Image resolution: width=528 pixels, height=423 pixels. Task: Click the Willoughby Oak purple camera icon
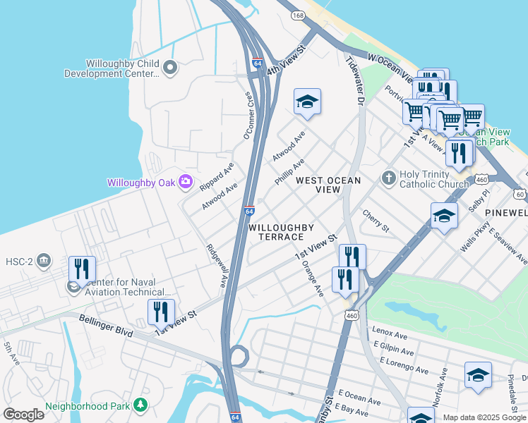[x=186, y=182]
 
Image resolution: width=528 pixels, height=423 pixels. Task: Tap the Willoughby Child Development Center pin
[x=169, y=68]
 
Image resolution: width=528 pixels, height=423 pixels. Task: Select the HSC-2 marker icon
[x=44, y=261]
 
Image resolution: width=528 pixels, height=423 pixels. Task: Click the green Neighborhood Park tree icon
[x=142, y=405]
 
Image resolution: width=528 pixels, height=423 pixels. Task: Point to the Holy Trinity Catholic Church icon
[x=388, y=178]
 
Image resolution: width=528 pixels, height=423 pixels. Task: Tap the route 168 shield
[x=300, y=15]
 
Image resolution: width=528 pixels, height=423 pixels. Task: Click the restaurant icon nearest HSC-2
[x=82, y=269]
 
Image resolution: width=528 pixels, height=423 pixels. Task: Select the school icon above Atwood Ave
[x=307, y=103]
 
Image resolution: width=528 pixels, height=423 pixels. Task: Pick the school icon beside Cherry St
[x=444, y=216]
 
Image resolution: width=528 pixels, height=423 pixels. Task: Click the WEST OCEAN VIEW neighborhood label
[x=328, y=185]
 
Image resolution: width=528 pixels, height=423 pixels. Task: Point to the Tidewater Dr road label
[x=354, y=82]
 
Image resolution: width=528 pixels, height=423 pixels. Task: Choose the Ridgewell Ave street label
[x=216, y=265]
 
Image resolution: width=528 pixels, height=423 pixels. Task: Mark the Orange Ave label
[x=311, y=278]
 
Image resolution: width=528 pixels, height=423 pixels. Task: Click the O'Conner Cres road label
[x=248, y=115]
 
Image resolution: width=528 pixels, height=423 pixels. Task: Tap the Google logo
[x=23, y=415]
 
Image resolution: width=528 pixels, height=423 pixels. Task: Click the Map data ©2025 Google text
[x=484, y=417]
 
